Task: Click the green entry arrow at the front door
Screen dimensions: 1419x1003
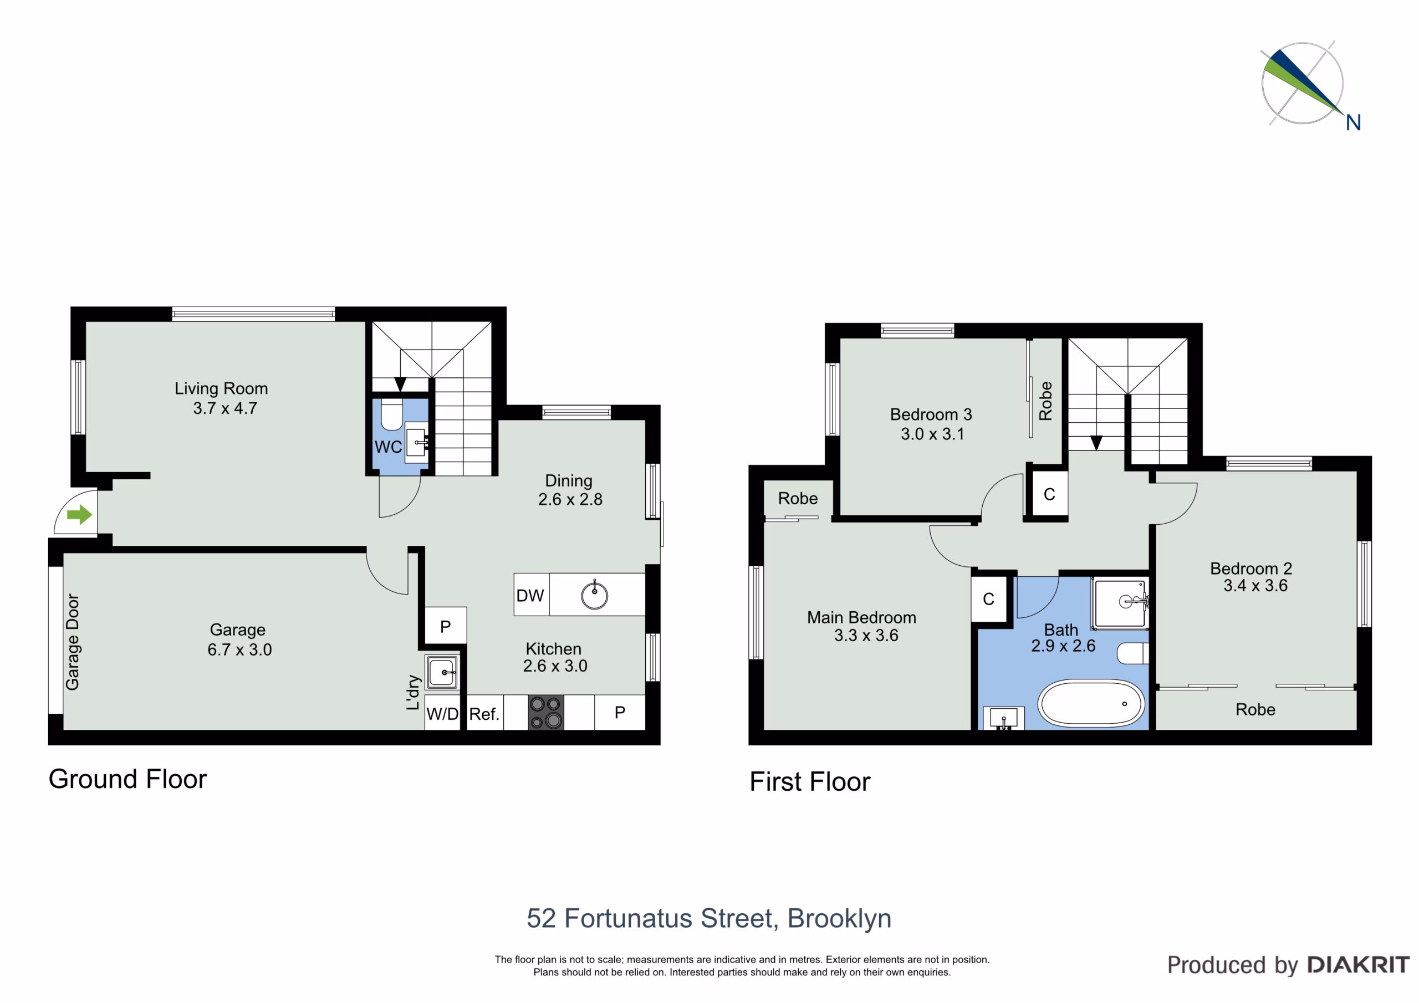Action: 80,514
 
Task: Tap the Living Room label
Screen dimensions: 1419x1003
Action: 221,388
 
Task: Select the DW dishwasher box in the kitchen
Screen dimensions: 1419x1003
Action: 531,595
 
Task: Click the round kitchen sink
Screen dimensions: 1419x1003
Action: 595,596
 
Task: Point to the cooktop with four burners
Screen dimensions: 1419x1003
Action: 546,713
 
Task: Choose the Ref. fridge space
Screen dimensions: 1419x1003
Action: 484,713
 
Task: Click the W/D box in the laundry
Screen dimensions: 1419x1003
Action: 442,714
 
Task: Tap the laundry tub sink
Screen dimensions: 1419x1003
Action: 442,672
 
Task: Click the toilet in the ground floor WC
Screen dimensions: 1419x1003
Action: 392,414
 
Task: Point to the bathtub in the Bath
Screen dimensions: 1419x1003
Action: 1091,703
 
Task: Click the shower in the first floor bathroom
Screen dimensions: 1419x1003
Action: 1120,604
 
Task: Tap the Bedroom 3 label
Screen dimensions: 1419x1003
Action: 931,414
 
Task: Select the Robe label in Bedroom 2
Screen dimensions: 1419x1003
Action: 1255,709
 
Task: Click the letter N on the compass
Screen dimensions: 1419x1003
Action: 1354,123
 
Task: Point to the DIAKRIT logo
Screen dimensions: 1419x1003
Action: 1359,965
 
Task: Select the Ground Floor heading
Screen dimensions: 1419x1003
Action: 128,779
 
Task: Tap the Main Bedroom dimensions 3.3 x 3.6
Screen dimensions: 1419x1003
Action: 866,635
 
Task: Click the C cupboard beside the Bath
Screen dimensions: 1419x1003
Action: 989,599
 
